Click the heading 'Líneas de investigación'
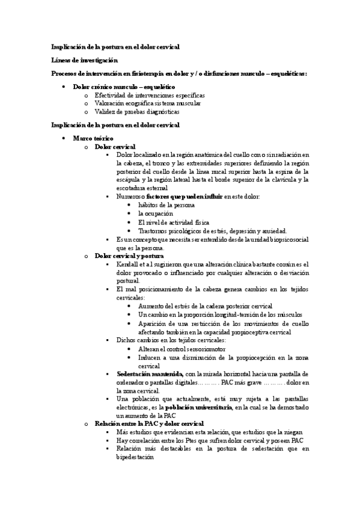(84, 60)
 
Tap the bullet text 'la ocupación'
(155, 214)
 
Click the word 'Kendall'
(128, 264)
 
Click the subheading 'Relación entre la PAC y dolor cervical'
(149, 423)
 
